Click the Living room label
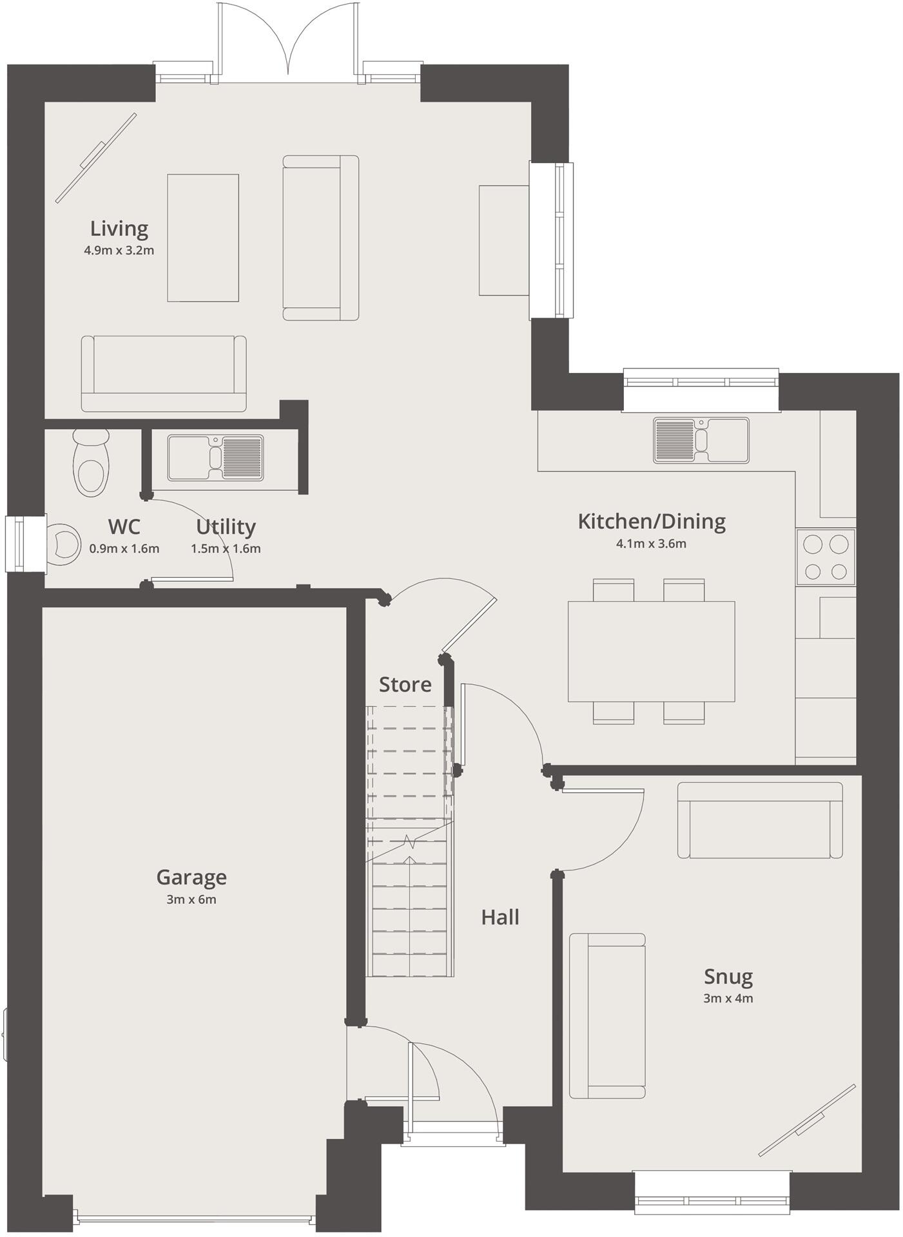119,228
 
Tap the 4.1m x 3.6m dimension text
651,544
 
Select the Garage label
191,877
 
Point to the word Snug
728,977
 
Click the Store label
405,684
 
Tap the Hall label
500,917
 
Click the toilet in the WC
91,463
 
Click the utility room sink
216,458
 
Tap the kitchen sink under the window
701,440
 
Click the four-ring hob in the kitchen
826,557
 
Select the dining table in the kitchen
651,651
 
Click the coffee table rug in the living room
203,238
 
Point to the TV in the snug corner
808,1120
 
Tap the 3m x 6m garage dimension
191,900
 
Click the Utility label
226,527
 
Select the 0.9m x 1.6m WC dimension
124,549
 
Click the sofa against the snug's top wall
760,820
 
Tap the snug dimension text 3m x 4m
728,999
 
